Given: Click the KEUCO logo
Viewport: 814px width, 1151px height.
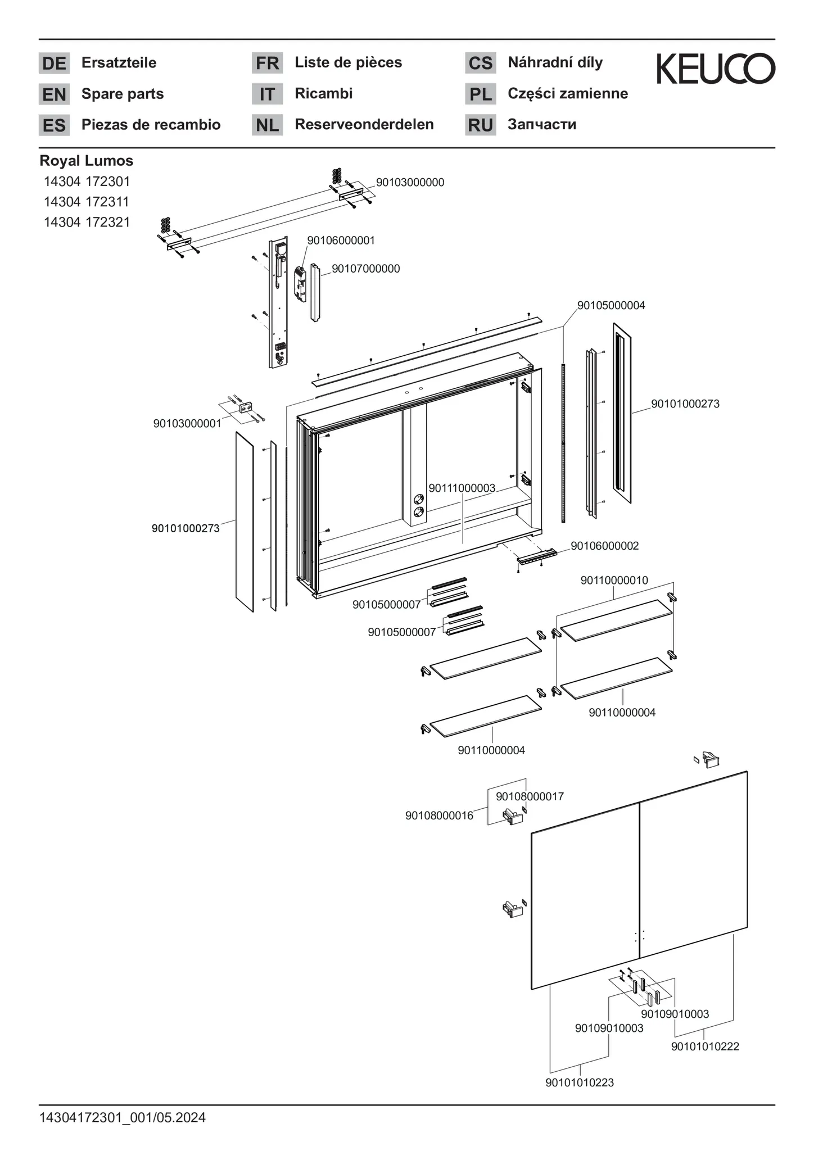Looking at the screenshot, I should pos(716,69).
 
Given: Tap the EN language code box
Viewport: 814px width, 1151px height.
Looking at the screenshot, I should pos(54,94).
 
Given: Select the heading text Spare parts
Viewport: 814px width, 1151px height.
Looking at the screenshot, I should pos(123,94).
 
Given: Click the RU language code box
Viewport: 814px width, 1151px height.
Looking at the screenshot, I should pos(480,125).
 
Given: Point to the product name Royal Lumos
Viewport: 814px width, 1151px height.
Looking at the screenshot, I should pos(87,161).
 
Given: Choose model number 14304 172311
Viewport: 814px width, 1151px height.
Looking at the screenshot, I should pos(87,202).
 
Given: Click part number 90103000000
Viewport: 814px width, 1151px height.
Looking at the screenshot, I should pos(410,183).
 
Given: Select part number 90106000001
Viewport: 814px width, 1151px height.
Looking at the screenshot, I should pos(341,241).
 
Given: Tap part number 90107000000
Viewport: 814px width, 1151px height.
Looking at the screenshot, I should pos(365,269).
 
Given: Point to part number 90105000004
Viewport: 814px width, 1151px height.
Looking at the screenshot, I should pos(611,306).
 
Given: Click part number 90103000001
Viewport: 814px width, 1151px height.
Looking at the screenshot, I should pos(187,424).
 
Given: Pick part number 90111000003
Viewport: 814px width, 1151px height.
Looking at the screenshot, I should pos(462,488).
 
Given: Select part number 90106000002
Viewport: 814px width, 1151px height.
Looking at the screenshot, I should pos(604,546).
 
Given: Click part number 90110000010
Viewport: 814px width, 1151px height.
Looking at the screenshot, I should pos(614,581).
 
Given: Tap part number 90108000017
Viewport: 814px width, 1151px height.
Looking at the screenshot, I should pos(530,796).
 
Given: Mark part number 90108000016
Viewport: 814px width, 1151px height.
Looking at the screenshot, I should pos(439,815).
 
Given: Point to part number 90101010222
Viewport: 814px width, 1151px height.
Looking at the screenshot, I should pos(705,1046).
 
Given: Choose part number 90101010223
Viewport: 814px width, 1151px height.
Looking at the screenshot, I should pos(580,1082).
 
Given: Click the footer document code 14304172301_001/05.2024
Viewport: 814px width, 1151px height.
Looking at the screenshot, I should pos(123,1118).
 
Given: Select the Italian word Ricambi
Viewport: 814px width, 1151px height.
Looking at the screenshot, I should pos(324,93).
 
